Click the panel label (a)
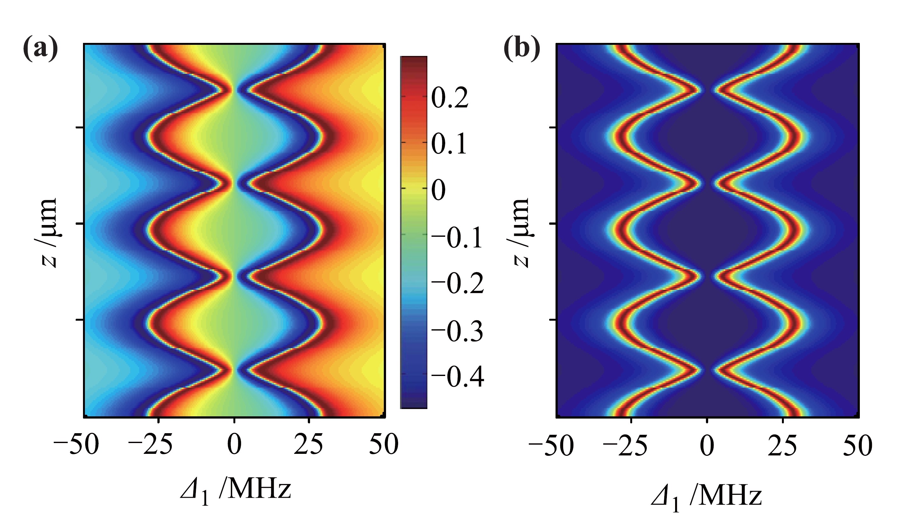pos(40,48)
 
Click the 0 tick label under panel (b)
pos(707,446)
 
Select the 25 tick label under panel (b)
pos(782,446)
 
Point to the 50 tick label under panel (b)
pos(858,446)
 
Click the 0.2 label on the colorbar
pos(450,98)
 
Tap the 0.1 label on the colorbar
pos(449,144)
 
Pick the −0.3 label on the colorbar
pos(458,331)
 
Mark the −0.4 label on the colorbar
pos(458,377)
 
